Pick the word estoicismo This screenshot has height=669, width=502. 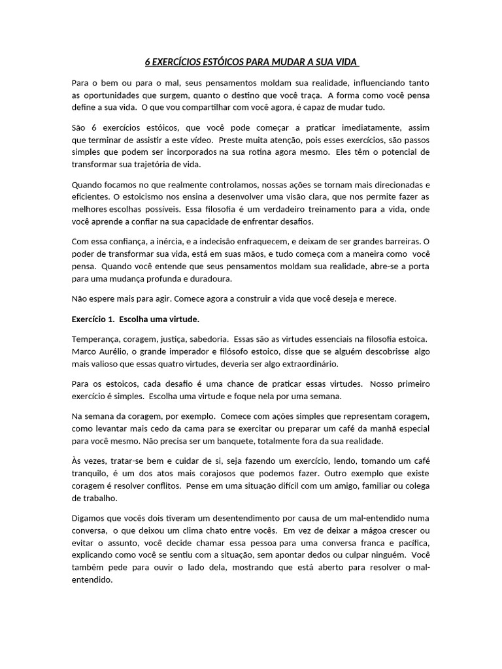[x=144, y=197]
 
